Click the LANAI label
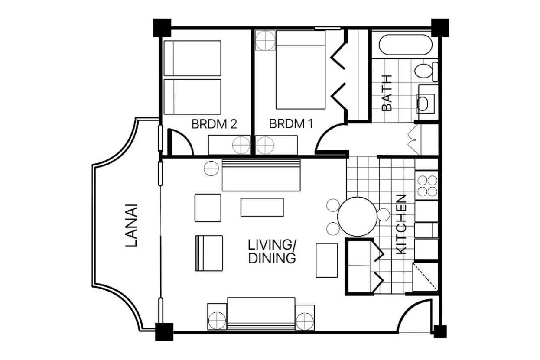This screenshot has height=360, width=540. coord(131,226)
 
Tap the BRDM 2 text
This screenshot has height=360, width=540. coord(215,124)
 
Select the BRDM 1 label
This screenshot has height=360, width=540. coord(291,124)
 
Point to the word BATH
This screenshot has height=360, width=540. coord(387,93)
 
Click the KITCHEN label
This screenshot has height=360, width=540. coord(401,224)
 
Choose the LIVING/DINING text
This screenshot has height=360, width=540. coord(272,252)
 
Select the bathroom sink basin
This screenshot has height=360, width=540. coord(423,104)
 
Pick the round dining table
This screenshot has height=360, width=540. coord(357,216)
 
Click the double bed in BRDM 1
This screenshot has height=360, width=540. coord(300,70)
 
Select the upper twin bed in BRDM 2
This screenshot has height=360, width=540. coord(192,58)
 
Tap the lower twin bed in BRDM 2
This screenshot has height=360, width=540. coord(192,97)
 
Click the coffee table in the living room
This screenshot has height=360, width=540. coord(262,207)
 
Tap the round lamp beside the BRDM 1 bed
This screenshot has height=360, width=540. coord(265,40)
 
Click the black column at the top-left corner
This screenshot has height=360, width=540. coord(162,27)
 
